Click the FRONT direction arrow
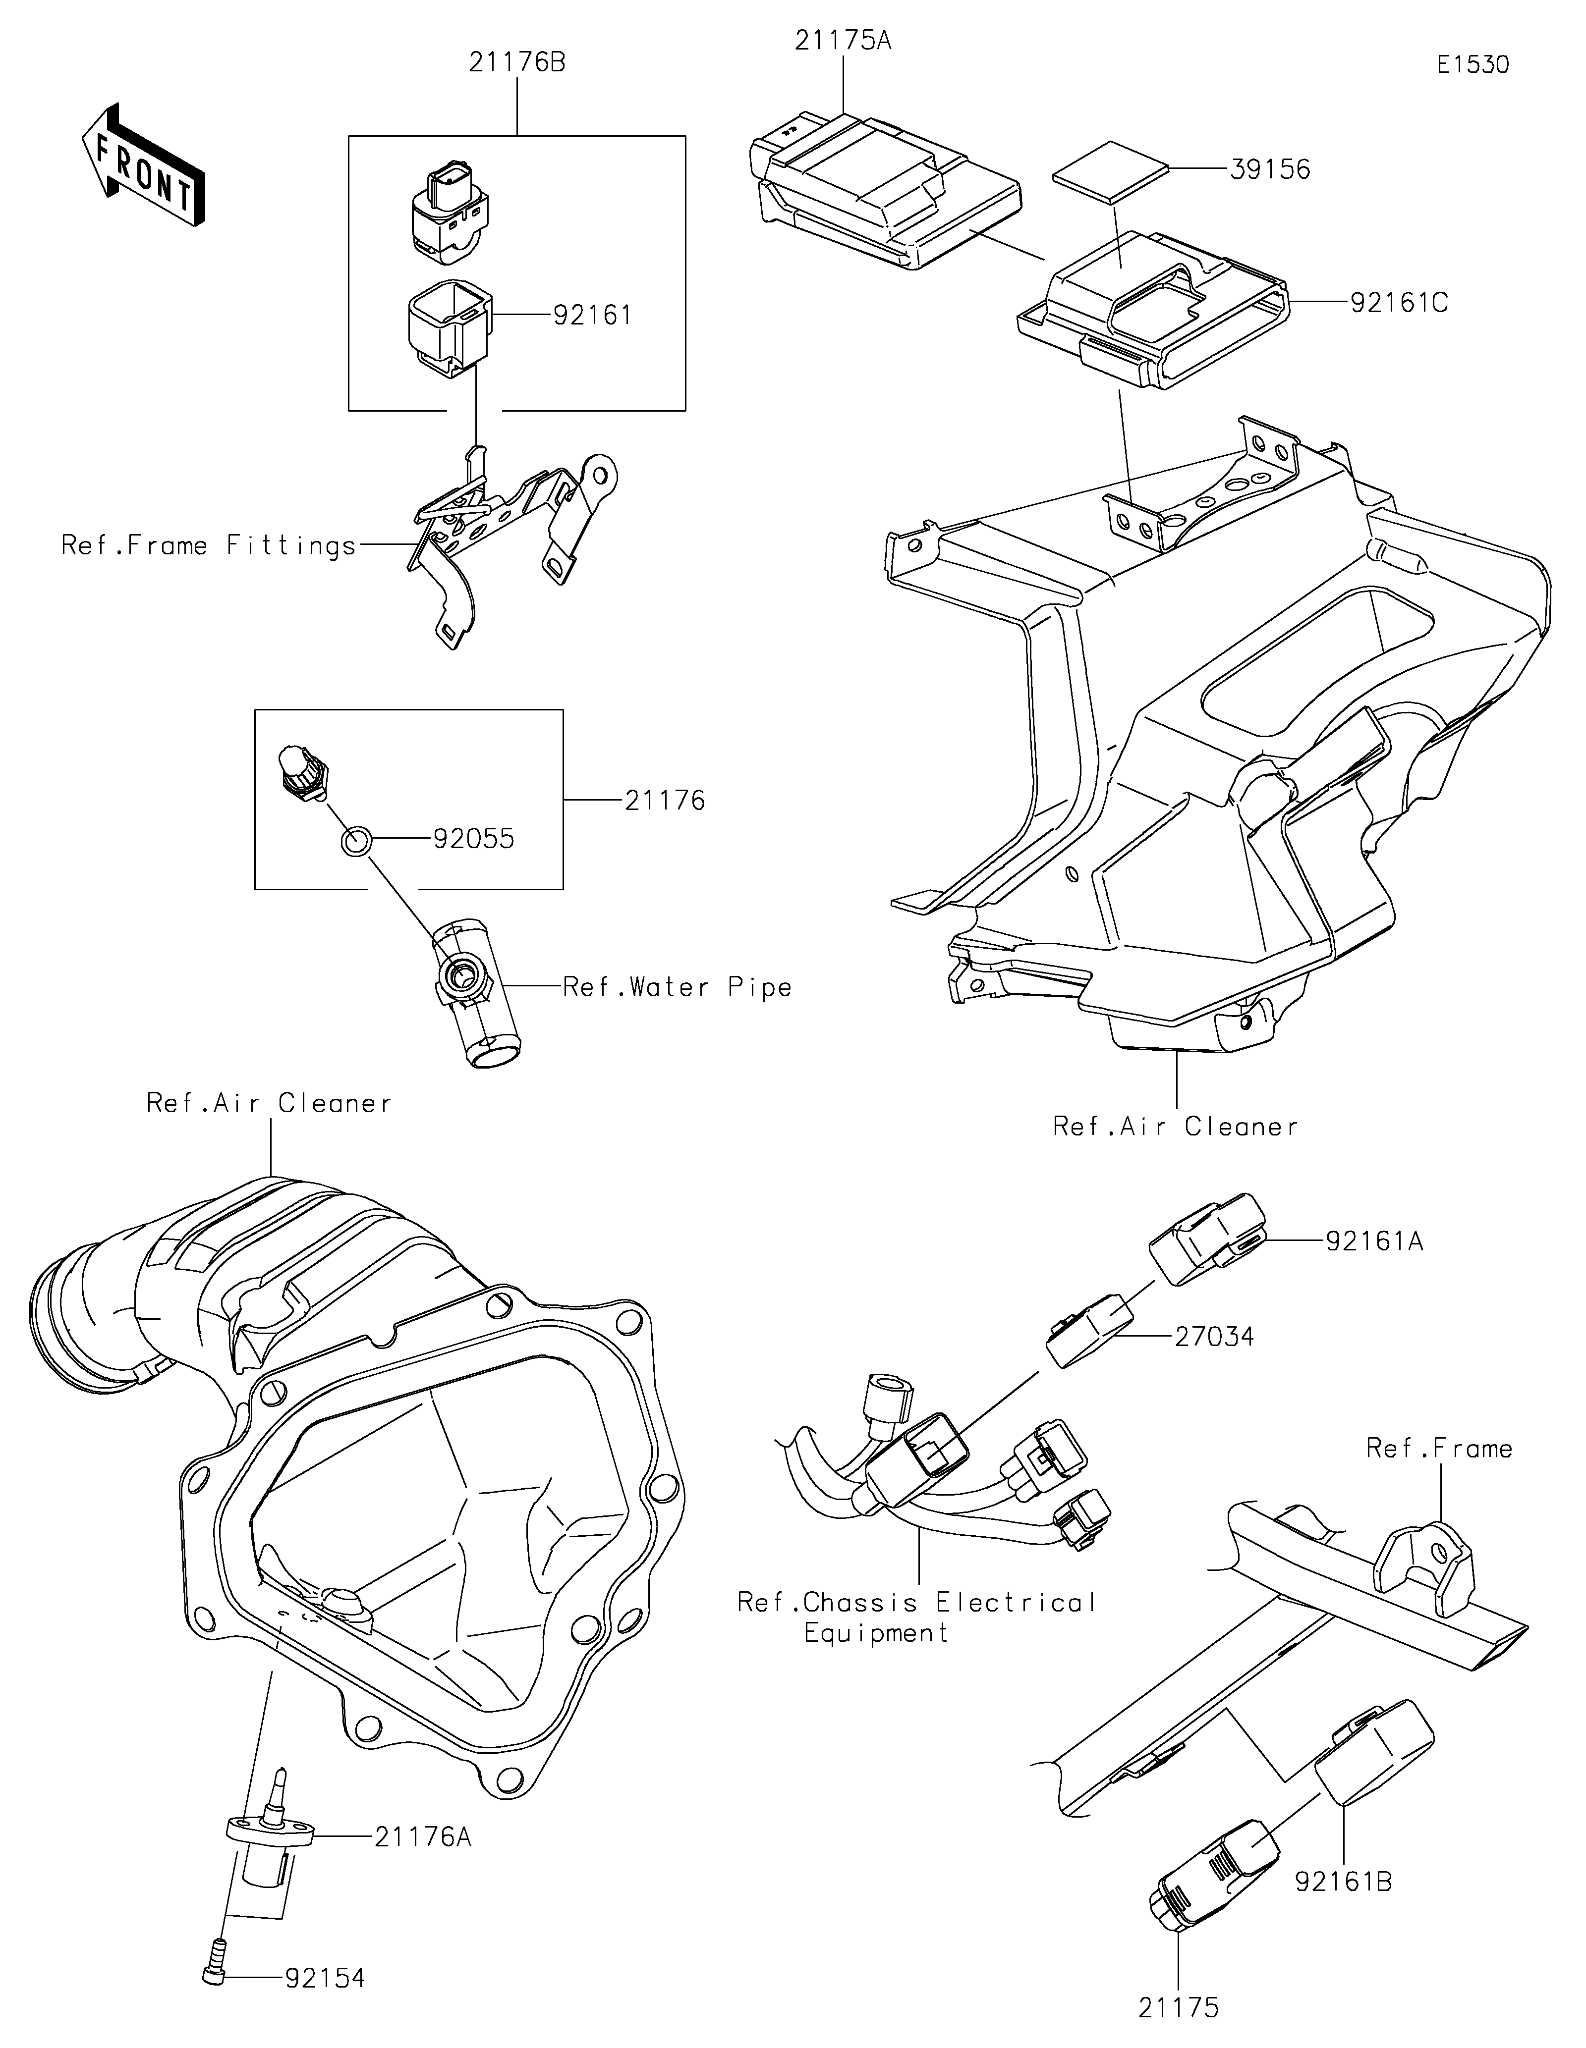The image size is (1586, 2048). (x=144, y=164)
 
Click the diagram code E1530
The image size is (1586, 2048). (x=1473, y=65)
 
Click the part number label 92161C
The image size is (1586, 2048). (x=1399, y=303)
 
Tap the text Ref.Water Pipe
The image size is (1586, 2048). (x=677, y=986)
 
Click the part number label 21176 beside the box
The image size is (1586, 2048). (x=665, y=800)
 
